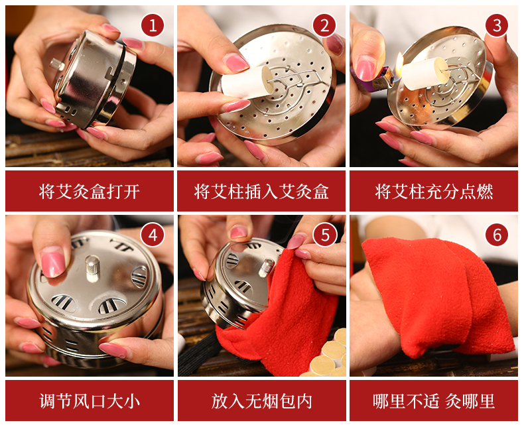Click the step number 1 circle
point(153,25)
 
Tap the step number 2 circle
point(324,25)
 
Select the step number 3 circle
point(497,25)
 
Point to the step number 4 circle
point(153,235)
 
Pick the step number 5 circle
point(325,235)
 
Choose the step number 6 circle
point(497,235)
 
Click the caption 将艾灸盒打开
point(90,192)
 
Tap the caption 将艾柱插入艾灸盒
point(261,192)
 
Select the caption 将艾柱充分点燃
point(434,192)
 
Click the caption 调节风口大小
point(90,401)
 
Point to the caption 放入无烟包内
point(261,401)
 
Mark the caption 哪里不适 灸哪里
point(434,401)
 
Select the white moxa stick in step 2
point(247,82)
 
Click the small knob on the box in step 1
point(57,64)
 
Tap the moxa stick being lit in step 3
point(425,74)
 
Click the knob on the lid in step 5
point(267,267)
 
